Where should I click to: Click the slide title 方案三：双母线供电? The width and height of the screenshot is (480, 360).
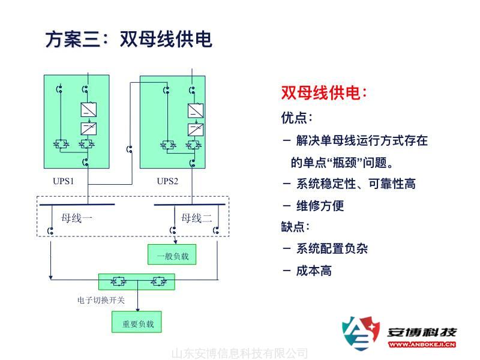point(128,40)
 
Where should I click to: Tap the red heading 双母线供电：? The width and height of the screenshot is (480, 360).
point(323,93)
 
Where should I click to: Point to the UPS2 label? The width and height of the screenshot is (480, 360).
point(167,181)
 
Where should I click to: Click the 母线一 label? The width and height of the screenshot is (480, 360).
point(77,218)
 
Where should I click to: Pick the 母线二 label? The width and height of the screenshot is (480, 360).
point(196,218)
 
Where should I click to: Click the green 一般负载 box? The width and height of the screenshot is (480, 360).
point(172,255)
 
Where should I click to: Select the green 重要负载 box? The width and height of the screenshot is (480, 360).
point(137,323)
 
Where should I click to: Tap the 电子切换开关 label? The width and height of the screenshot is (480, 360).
point(101,300)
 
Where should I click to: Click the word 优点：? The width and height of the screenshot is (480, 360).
point(297,117)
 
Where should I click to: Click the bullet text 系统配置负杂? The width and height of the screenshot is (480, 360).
point(332,248)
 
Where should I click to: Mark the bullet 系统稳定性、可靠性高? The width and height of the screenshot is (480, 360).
point(356,184)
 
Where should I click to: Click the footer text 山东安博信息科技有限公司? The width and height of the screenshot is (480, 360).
point(239,353)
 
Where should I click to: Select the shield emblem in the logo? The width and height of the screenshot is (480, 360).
point(361,334)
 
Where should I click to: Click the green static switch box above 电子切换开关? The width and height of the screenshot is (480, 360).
point(137,281)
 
